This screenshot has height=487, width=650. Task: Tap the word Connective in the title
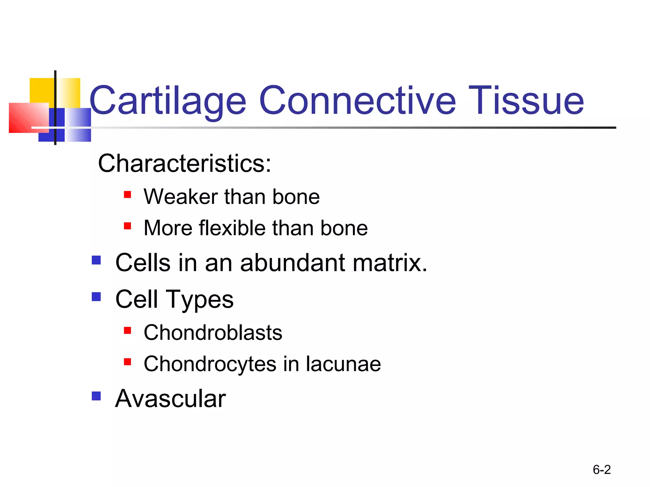(357, 101)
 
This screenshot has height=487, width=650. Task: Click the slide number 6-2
(601, 470)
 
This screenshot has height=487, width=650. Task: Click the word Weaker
(181, 197)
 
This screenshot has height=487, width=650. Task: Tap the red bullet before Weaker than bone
(128, 194)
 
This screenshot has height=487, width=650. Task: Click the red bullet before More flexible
(128, 226)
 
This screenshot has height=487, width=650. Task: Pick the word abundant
(292, 263)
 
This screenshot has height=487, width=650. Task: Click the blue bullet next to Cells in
(96, 260)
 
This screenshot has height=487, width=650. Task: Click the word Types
(200, 300)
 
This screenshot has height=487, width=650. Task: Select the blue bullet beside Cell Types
(96, 297)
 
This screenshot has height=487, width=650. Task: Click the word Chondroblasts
(213, 333)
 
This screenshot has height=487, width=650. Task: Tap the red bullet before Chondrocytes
(128, 362)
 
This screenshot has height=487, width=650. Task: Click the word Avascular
(170, 399)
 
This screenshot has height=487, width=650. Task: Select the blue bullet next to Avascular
(96, 396)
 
